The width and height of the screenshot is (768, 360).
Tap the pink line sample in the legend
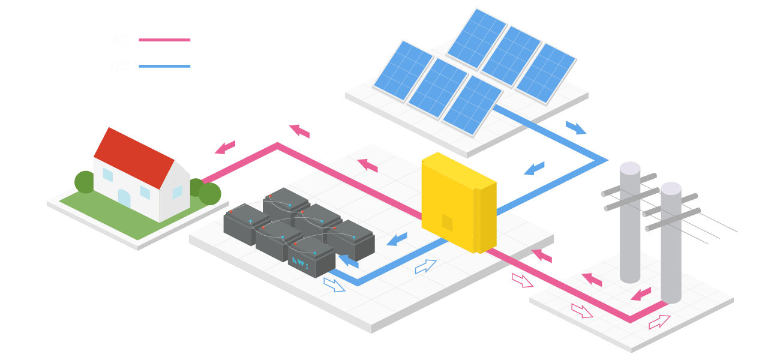pos(164,40)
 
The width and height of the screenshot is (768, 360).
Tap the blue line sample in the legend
pos(164,66)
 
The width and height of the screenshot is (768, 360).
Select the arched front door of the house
pos(124,197)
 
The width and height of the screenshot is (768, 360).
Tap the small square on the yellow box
pos(447,221)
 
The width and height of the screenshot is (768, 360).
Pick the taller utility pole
pos(629,222)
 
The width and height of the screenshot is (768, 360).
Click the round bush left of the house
pos(85,182)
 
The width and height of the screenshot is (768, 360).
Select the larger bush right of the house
pos(209,193)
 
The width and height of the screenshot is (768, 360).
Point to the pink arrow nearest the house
pos(226,147)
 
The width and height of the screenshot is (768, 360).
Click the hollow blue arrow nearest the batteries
pos(334,284)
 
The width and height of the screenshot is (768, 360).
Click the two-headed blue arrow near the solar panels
pos(575,128)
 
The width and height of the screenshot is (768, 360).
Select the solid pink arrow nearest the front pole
pos(641,295)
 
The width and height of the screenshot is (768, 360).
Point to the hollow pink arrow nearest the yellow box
pos(522,280)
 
